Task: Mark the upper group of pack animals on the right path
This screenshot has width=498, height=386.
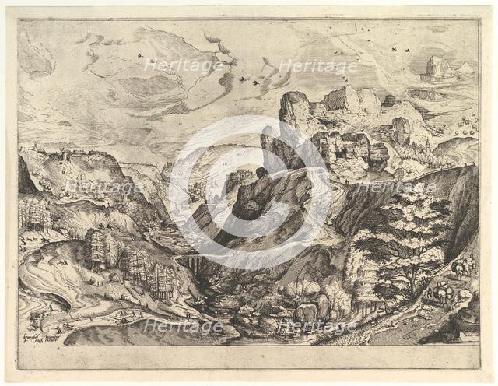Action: coord(462,266)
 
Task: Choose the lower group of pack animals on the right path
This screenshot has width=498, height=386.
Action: coord(443,294)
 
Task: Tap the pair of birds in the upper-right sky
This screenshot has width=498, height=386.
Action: coord(401,49)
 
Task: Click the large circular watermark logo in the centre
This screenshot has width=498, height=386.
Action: coord(249,192)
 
